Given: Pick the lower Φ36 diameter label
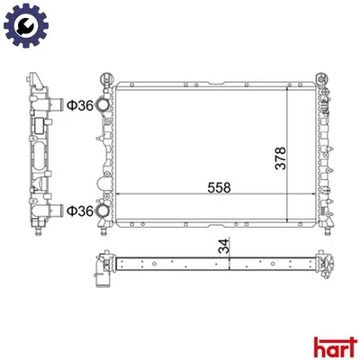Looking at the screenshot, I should coord(76,211).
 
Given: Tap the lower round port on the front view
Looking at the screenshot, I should coord(105,211).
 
